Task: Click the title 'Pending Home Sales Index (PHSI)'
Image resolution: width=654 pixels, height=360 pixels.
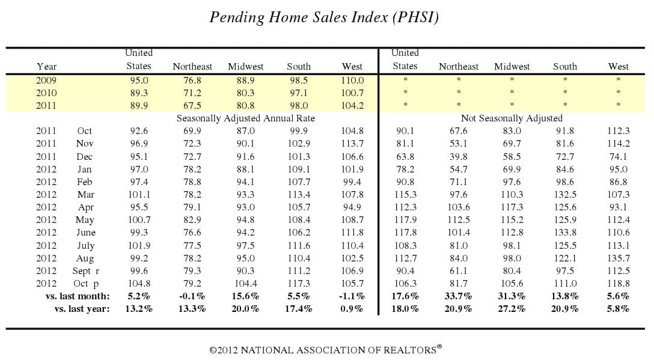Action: (x=324, y=17)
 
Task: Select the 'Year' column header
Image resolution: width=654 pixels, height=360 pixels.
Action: (x=46, y=67)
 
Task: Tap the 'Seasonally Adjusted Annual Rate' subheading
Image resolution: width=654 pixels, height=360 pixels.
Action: (x=245, y=118)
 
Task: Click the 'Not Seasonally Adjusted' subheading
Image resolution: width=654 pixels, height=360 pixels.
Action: (x=512, y=118)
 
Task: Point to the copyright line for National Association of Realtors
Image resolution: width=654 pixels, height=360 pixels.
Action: (x=326, y=349)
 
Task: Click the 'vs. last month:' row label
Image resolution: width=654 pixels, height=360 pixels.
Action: (x=78, y=296)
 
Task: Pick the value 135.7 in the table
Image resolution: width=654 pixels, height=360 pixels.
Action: (x=618, y=258)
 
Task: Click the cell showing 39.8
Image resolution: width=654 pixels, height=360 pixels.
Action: (x=458, y=156)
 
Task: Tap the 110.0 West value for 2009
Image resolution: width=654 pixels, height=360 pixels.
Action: (x=352, y=80)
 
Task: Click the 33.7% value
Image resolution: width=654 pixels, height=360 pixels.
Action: (x=458, y=296)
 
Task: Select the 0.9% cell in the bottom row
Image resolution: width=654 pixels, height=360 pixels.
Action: (x=352, y=309)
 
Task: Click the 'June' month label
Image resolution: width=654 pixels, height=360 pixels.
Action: (x=85, y=233)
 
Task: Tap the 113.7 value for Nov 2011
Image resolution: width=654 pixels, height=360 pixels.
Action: (x=352, y=144)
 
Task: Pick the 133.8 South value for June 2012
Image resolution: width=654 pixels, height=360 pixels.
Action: (x=564, y=233)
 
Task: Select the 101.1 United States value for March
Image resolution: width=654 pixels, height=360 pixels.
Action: (x=138, y=195)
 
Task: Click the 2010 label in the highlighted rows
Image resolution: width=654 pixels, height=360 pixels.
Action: (x=46, y=93)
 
